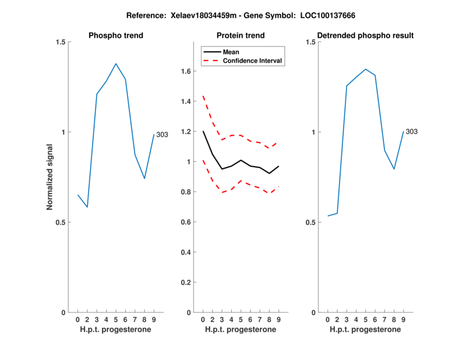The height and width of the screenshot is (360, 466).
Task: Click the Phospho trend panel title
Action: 115,36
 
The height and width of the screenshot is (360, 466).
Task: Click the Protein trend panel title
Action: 240,36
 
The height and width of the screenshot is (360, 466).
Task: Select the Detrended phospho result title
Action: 365,36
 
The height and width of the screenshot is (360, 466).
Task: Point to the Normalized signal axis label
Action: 50,177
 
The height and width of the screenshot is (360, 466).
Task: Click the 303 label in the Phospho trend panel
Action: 162,135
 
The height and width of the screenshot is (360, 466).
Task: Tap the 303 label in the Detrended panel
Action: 411,132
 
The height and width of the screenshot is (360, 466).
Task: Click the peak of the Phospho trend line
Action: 116,63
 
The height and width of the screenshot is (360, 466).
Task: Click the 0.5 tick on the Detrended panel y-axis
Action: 311,223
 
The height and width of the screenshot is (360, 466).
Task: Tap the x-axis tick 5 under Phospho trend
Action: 116,320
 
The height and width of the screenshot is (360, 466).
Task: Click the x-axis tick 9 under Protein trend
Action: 278,320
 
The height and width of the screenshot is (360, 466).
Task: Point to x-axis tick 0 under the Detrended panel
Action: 328,320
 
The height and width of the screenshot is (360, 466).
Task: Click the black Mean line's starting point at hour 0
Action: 203,131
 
